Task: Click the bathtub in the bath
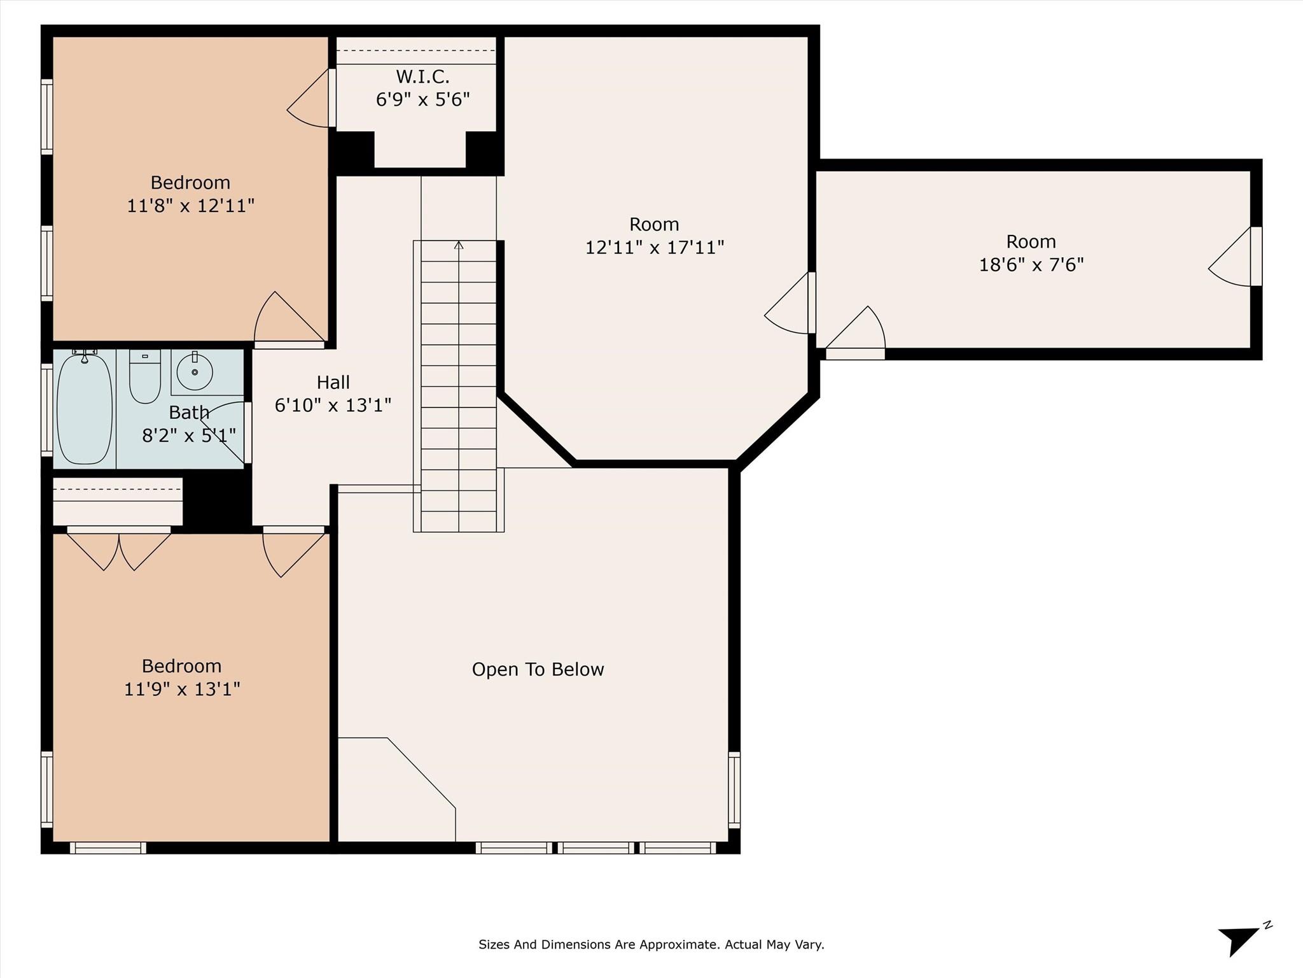coord(85,408)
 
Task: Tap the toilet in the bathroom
coord(145,376)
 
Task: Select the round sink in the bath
coord(194,371)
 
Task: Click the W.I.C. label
coord(422,77)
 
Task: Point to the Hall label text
coord(333,383)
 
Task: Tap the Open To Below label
coord(538,669)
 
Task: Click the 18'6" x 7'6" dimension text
coord(1031,265)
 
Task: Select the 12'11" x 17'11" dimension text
coord(655,247)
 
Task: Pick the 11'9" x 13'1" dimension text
coord(182,689)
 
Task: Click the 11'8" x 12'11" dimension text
coord(191,206)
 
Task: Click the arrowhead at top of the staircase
coord(459,245)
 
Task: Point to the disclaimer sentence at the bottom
coord(651,944)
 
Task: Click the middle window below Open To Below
coord(596,847)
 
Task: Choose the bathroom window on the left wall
coord(47,409)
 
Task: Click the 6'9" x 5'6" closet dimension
coord(422,100)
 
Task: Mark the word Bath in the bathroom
coord(189,413)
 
